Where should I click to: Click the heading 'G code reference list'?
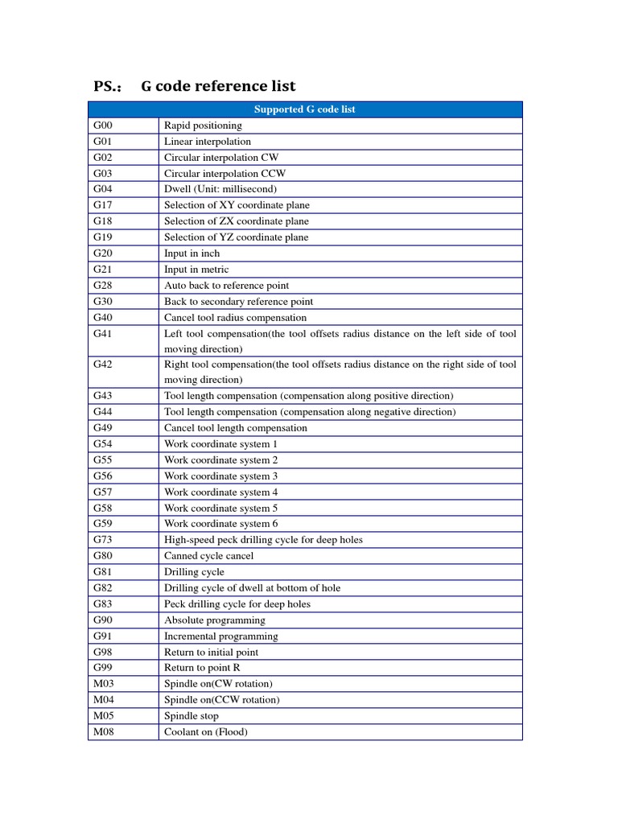point(218,86)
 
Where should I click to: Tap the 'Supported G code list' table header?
point(305,109)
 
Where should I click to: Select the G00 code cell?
point(103,126)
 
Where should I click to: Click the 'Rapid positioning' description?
point(203,126)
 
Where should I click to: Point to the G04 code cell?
point(103,189)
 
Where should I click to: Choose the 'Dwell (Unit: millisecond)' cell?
point(220,189)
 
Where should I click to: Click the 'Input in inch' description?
point(192,253)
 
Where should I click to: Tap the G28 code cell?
point(103,286)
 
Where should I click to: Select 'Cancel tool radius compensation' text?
point(235,318)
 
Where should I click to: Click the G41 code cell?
point(103,333)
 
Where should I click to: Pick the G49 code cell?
point(103,428)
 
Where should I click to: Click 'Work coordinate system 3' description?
point(220,476)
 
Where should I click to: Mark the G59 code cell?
point(103,524)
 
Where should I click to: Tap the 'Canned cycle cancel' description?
point(208,556)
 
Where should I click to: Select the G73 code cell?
point(103,540)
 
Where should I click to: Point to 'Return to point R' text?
point(202,668)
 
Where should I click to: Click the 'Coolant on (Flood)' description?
point(206,732)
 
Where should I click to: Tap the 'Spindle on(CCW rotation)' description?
point(221,700)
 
